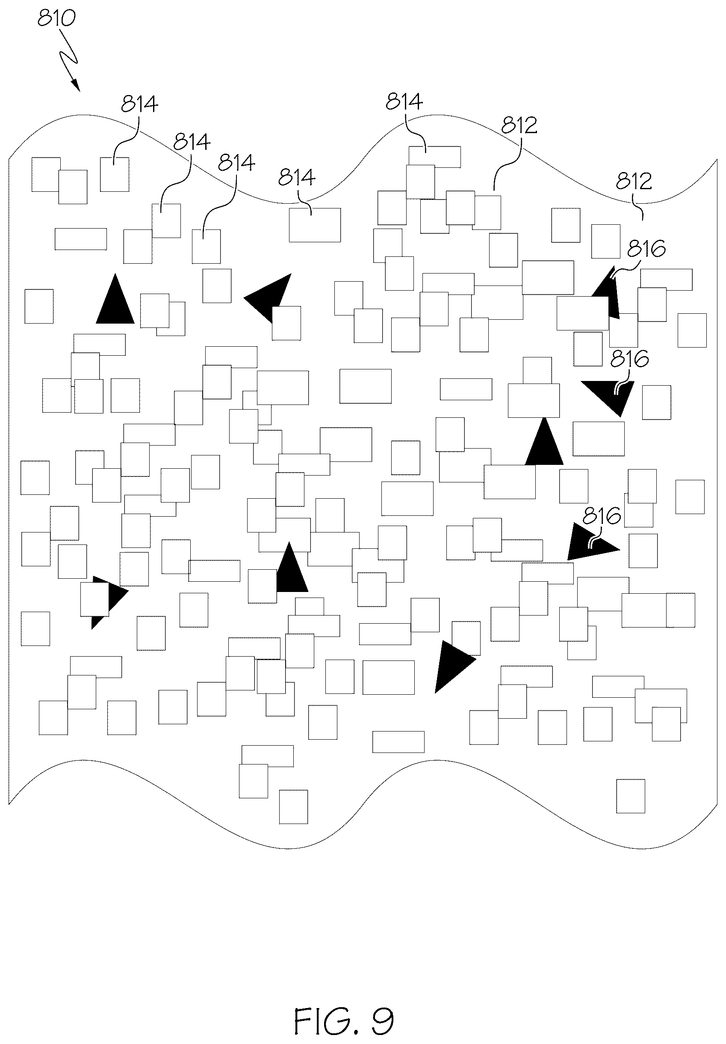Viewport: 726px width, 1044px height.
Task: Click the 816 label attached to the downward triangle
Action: coord(629,359)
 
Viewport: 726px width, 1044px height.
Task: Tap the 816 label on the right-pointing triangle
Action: coord(602,516)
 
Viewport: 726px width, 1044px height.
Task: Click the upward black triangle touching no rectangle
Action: coord(115,299)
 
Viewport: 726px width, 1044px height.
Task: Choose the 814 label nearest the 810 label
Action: coord(139,104)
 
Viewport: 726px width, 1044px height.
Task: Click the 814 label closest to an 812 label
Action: coord(404,101)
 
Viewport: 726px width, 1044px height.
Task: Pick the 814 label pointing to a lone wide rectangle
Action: coord(297,177)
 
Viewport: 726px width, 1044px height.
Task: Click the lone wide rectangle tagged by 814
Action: coord(315,225)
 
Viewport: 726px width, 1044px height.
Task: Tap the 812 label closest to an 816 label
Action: coord(634,181)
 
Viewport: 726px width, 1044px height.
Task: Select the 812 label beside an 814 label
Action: coord(519,125)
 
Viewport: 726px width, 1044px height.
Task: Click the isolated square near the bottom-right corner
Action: coord(631,796)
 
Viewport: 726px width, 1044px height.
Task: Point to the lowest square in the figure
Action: coord(293,807)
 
